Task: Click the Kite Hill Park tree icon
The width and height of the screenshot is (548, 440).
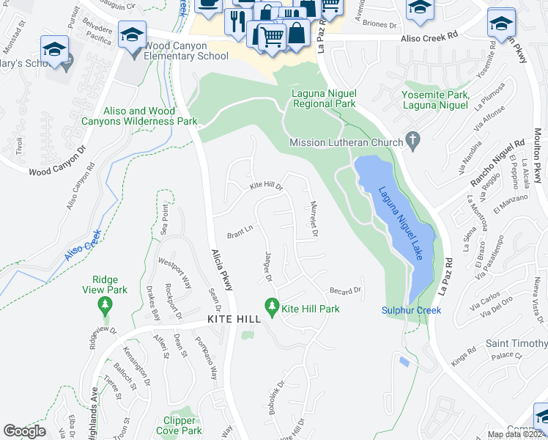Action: [x=272, y=304]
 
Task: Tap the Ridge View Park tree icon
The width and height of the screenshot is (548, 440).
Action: [x=106, y=303]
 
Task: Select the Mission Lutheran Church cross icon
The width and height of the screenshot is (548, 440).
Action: [x=413, y=139]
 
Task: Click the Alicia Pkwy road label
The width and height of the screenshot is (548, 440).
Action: [x=222, y=268]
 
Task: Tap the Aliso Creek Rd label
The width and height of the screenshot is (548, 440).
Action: [x=430, y=35]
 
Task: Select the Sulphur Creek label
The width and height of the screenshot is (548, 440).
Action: [x=411, y=310]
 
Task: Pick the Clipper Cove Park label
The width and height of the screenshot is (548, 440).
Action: [x=179, y=426]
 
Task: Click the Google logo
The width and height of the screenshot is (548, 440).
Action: [x=25, y=431]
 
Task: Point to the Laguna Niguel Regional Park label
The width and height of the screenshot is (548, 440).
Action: [x=323, y=99]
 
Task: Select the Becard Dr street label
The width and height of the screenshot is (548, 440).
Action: [x=346, y=290]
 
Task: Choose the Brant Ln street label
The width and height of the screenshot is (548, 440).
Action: [x=240, y=234]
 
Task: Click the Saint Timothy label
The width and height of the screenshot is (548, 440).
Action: [x=516, y=344]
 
